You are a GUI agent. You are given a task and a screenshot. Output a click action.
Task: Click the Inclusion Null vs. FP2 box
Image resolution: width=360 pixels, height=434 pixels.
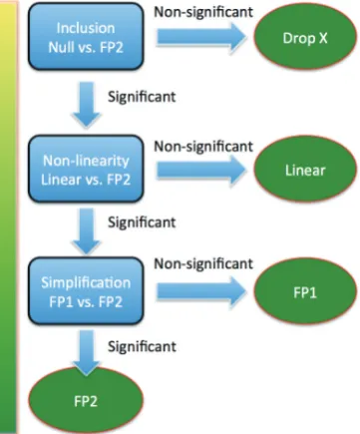[x=86, y=36]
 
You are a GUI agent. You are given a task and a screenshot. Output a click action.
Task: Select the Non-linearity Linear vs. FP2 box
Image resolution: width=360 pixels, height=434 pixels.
[x=86, y=169]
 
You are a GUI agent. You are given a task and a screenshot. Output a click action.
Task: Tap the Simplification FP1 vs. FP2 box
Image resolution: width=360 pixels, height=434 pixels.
[x=86, y=290]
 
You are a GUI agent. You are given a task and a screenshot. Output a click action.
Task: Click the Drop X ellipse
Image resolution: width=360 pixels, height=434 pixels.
[x=305, y=37]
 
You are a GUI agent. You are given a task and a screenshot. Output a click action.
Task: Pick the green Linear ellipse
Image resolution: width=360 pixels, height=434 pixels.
[x=305, y=170]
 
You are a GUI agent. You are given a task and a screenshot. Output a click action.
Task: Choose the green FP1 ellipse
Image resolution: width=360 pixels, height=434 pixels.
[x=305, y=291]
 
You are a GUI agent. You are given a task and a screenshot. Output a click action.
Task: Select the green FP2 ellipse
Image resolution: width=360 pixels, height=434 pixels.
[x=86, y=400]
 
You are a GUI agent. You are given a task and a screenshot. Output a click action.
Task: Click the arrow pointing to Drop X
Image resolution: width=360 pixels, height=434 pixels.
[x=201, y=37]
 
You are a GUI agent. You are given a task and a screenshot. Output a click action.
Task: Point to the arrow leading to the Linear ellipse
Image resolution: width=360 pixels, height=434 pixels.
[x=201, y=170]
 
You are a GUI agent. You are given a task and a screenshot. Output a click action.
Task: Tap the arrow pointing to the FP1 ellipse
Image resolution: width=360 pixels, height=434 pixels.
[x=201, y=291]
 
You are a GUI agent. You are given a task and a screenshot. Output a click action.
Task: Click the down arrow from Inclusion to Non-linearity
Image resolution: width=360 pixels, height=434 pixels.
[x=87, y=105]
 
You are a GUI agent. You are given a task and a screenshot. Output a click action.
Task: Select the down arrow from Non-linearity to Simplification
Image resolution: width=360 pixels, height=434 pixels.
[x=87, y=230]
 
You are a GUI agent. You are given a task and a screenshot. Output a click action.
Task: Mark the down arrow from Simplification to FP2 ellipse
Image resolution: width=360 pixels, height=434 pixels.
[x=87, y=352]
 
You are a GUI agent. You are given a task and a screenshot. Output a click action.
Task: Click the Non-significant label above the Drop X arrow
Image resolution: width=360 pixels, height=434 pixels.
[x=203, y=12]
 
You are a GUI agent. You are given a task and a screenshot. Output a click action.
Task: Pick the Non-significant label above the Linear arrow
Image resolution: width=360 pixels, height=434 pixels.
[x=203, y=146]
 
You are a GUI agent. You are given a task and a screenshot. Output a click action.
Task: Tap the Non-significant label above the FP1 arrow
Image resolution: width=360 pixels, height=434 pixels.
[x=203, y=263]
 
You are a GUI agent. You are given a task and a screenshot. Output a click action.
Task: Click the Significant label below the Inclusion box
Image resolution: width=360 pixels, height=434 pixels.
[x=142, y=97]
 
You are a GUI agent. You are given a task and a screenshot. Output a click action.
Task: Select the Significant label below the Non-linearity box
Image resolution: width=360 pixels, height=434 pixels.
[x=142, y=222]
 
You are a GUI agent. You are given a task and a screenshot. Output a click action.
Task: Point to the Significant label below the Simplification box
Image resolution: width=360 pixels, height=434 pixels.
[x=142, y=347]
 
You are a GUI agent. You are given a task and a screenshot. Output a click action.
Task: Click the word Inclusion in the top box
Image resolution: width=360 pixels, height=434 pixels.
[x=86, y=28]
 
